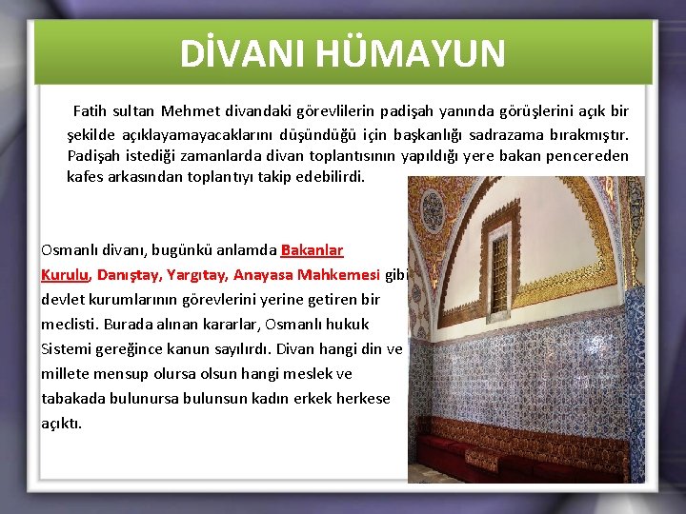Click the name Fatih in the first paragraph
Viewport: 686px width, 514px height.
pos(91,111)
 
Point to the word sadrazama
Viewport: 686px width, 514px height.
pos(526,133)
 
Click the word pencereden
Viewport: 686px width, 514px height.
pos(589,155)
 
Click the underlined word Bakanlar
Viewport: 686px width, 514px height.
pos(312,251)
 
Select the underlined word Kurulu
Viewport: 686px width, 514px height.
pos(65,275)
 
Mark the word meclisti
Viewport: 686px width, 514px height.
pos(70,325)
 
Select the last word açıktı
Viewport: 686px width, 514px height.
pos(61,423)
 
